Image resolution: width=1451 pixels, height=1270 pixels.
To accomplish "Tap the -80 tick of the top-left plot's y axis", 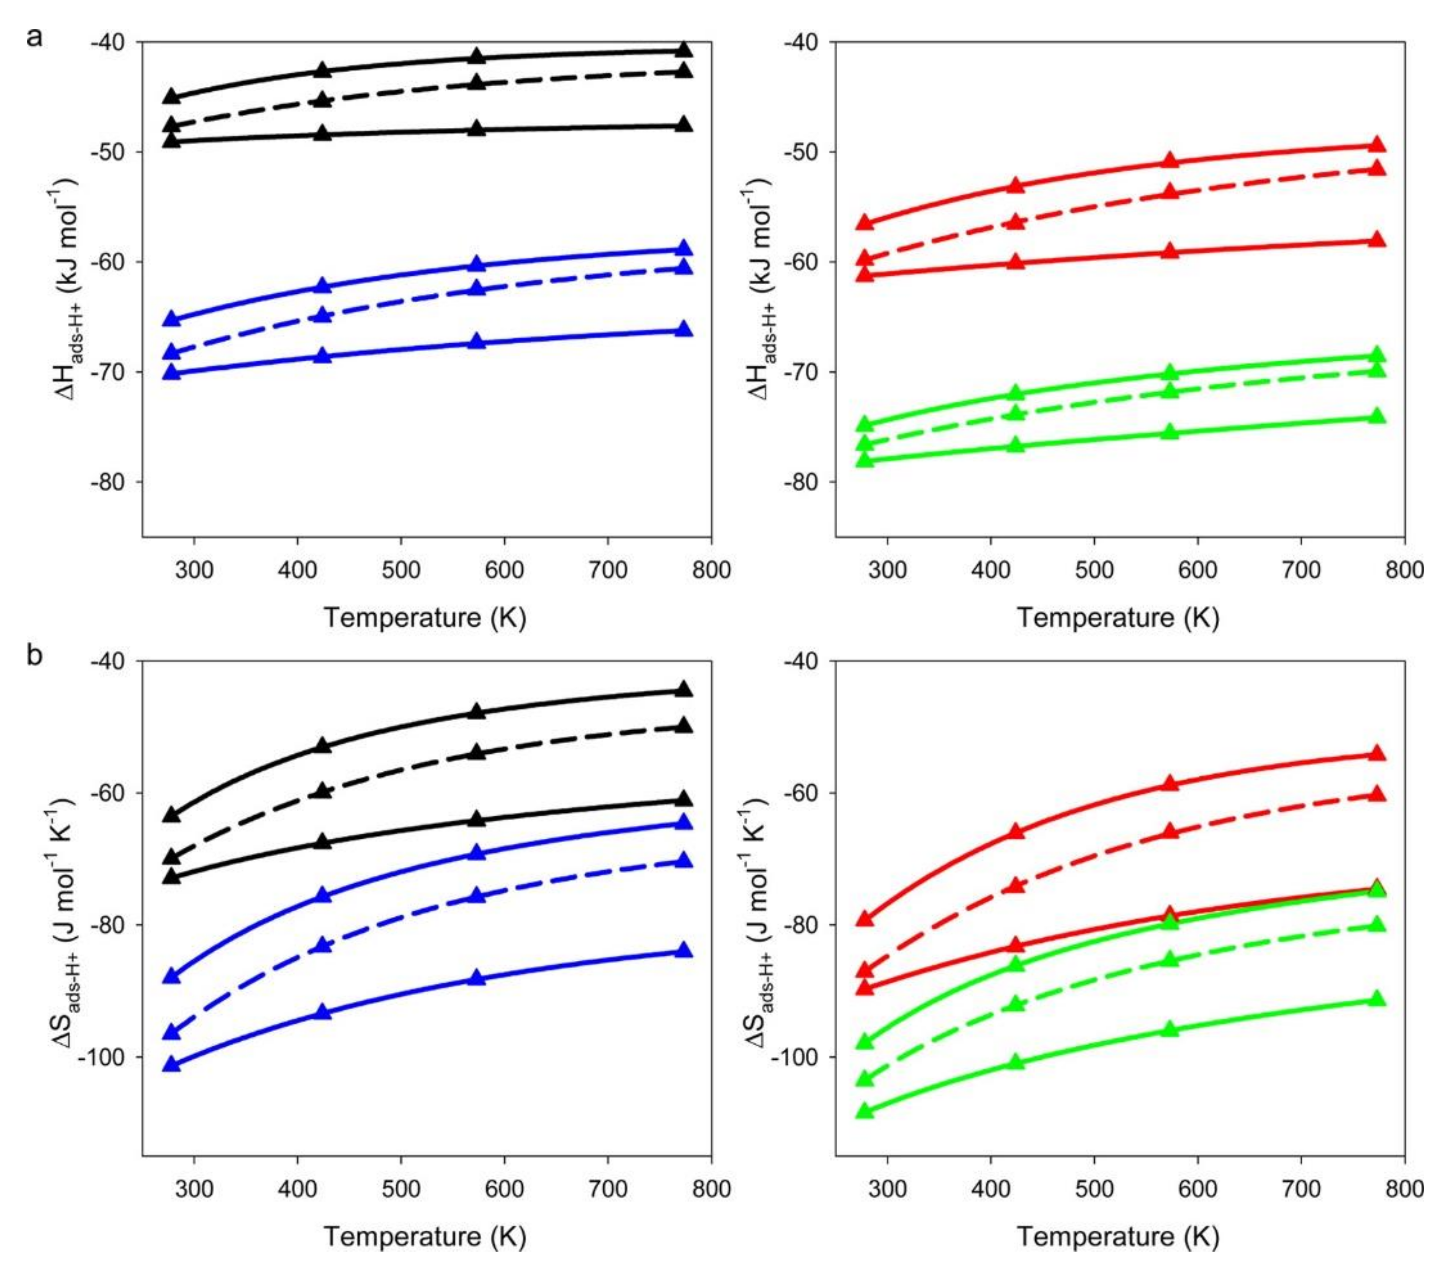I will click(x=107, y=482).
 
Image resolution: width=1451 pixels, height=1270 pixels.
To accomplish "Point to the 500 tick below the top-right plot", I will click(x=1094, y=570).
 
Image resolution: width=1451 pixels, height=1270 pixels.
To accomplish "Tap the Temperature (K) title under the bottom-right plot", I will click(x=1119, y=1237).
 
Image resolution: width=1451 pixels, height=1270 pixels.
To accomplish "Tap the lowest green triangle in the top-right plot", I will click(x=865, y=459).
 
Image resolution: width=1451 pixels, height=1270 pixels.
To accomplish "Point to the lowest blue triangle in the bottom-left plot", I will click(x=172, y=1064).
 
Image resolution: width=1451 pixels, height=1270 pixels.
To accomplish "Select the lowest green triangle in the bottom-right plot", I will click(x=865, y=1111).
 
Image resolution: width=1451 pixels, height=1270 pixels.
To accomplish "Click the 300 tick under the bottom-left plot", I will click(x=194, y=1188).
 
